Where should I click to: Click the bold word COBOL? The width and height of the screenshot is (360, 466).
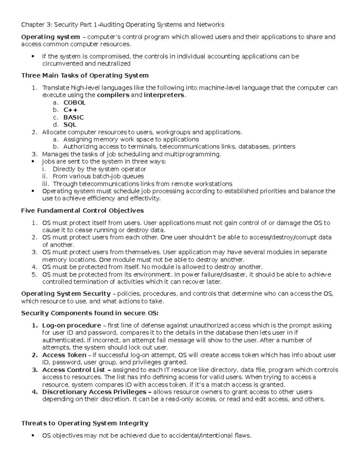[x=74, y=103]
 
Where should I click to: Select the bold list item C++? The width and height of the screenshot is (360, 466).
[x=70, y=110]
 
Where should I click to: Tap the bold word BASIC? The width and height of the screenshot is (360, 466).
[x=73, y=117]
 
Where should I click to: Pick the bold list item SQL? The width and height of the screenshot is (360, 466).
[x=70, y=125]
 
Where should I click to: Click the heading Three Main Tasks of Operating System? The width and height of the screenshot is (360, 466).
[x=85, y=75]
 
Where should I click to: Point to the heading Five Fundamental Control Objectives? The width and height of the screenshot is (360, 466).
[x=82, y=211]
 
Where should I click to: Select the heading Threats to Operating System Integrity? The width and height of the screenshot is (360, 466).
[x=85, y=423]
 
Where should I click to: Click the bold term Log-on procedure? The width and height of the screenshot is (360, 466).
[x=71, y=326]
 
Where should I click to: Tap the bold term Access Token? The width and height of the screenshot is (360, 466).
[x=64, y=355]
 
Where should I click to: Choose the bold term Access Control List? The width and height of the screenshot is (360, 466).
[x=73, y=370]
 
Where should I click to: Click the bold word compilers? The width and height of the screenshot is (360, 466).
[x=113, y=95]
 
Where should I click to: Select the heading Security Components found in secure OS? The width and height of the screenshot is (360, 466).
[x=89, y=313]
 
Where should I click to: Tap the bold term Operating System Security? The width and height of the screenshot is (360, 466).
[x=66, y=294]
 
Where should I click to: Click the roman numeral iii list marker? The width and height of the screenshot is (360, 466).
[x=46, y=184]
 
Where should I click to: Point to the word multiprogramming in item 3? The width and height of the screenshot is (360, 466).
[x=192, y=155]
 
